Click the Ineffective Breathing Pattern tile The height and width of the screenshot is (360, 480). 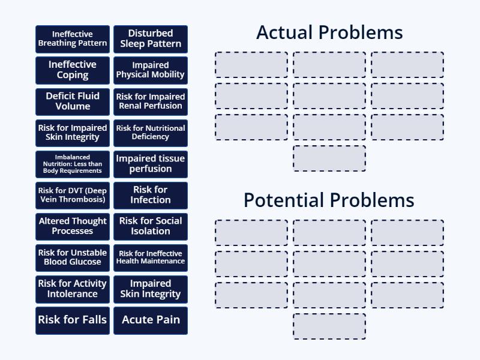pyautogui.click(x=73, y=39)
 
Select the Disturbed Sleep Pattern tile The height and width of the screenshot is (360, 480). pyautogui.click(x=151, y=39)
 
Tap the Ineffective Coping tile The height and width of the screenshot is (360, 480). pyautogui.click(x=73, y=70)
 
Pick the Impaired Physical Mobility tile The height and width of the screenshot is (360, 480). pyautogui.click(x=151, y=70)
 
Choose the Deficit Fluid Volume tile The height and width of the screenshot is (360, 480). pyautogui.click(x=73, y=101)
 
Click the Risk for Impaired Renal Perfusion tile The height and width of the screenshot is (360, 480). pyautogui.click(x=151, y=101)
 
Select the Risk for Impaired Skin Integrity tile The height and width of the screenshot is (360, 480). pyautogui.click(x=73, y=133)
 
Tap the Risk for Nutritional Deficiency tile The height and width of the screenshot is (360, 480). pyautogui.click(x=151, y=133)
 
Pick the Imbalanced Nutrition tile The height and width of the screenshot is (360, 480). pyautogui.click(x=73, y=164)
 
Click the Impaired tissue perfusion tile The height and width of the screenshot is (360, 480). pyautogui.click(x=151, y=164)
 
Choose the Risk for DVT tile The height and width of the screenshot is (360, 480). pyautogui.click(x=73, y=195)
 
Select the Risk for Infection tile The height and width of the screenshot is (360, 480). pyautogui.click(x=151, y=195)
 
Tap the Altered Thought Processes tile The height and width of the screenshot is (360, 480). pyautogui.click(x=73, y=226)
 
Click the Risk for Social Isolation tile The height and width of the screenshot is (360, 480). pyautogui.click(x=151, y=226)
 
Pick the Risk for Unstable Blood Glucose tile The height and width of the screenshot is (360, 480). pyautogui.click(x=73, y=257)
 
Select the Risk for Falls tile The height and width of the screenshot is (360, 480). pyautogui.click(x=73, y=320)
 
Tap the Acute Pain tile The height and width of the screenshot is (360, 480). pyautogui.click(x=151, y=320)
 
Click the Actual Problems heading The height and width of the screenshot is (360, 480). pyautogui.click(x=329, y=32)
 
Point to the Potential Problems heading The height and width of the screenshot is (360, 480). pyautogui.click(x=329, y=200)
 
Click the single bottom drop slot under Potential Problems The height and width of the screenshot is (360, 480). pyautogui.click(x=329, y=326)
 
